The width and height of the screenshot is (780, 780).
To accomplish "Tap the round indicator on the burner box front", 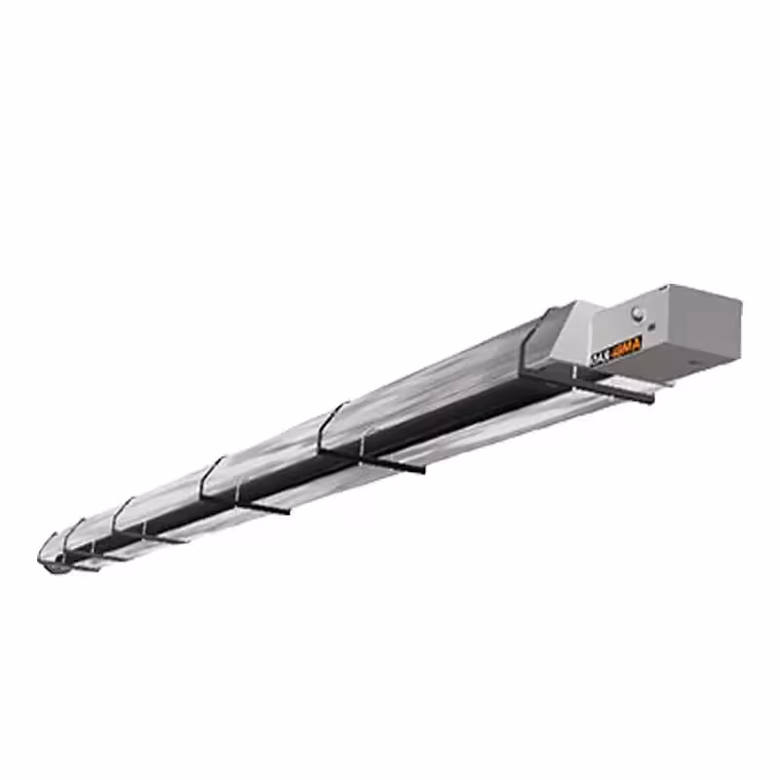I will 639,313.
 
